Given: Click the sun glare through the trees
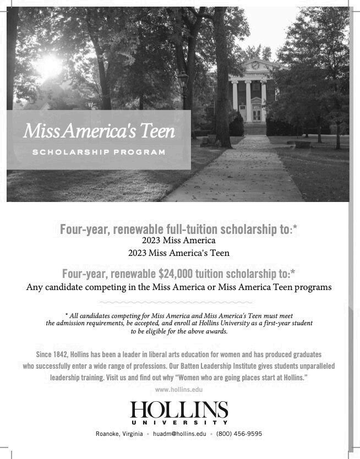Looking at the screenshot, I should [x=48, y=65].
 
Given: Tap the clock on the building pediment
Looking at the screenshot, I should [x=255, y=65].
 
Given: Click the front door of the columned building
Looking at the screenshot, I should [x=257, y=114].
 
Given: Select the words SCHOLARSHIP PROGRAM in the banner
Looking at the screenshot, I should [x=99, y=152].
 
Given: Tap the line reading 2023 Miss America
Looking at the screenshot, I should [x=178, y=241].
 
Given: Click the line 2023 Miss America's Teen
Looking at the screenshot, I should [x=178, y=253].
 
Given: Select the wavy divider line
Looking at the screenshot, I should [x=176, y=302].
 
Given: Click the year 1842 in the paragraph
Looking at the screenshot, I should [x=64, y=354].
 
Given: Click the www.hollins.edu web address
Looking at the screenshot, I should [x=179, y=390].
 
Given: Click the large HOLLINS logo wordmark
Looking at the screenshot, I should [x=179, y=410].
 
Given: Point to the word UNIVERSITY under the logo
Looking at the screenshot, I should [x=179, y=423].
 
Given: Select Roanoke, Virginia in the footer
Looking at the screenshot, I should [x=119, y=434].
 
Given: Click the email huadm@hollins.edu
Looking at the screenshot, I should [x=179, y=434].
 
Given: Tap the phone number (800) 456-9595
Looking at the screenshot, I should [x=239, y=434].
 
